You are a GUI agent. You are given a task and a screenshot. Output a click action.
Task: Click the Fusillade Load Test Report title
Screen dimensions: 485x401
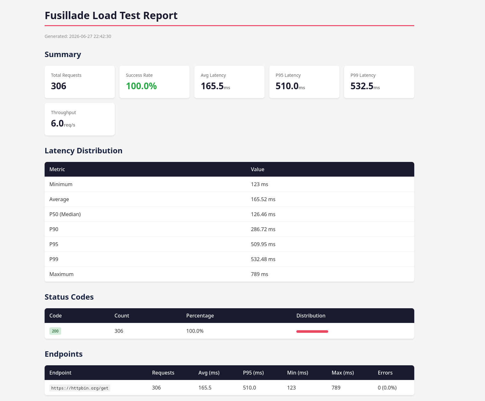click(111, 16)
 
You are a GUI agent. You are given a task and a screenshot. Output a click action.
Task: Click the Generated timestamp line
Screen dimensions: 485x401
click(78, 36)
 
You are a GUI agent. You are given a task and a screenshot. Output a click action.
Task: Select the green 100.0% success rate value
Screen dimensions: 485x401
click(141, 86)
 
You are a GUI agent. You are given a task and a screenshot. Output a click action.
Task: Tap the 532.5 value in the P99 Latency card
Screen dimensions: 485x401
click(362, 86)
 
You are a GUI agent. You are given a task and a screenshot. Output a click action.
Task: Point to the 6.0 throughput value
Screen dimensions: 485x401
click(57, 123)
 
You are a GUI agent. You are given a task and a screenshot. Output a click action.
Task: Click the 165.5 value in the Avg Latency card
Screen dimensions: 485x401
click(212, 86)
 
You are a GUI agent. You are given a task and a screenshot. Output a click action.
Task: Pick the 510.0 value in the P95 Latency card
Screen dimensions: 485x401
click(287, 86)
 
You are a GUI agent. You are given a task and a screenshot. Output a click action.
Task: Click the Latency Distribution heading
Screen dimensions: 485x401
click(83, 150)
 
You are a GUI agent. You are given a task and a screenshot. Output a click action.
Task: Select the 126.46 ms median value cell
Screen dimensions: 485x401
click(263, 214)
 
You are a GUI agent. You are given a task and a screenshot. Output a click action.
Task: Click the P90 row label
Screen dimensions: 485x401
click(54, 229)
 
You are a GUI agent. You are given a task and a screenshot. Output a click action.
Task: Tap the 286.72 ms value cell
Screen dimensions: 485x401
click(263, 229)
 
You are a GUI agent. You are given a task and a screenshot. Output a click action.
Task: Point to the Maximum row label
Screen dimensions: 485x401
click(61, 274)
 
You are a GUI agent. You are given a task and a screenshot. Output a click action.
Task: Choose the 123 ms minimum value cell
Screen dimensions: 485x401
click(259, 184)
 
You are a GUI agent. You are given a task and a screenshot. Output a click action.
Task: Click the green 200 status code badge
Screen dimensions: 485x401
click(55, 331)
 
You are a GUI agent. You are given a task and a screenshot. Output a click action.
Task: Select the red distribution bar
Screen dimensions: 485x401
click(312, 332)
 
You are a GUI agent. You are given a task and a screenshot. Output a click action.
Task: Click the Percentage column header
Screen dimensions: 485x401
click(200, 316)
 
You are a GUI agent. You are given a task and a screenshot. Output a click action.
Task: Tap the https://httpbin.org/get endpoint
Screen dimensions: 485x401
click(80, 388)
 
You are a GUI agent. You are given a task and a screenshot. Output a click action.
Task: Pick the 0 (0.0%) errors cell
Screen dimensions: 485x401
click(387, 388)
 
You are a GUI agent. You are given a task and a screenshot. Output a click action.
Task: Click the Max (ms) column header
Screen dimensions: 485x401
click(343, 373)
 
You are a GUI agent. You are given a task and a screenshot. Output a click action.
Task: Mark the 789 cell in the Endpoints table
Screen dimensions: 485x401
click(336, 388)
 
